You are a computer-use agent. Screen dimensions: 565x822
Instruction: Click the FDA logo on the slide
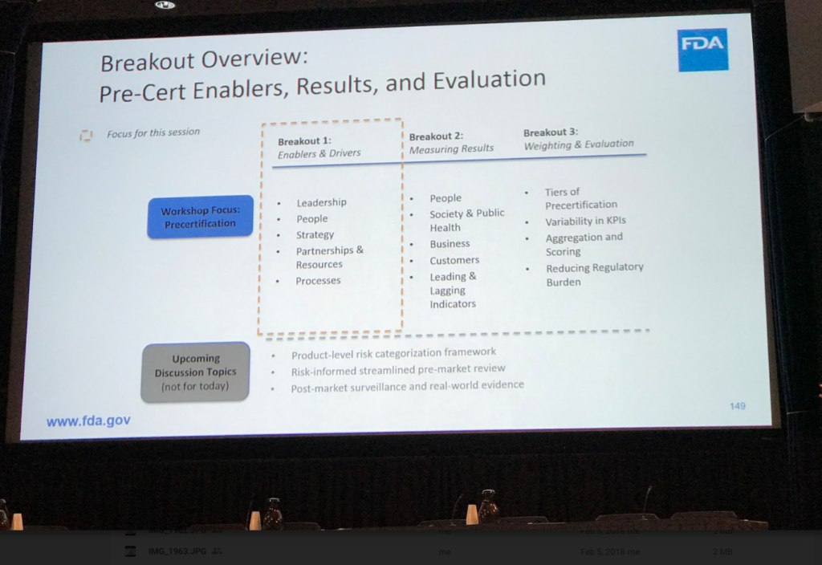tap(702, 49)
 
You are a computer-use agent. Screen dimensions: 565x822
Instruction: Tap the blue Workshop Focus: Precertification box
tap(199, 217)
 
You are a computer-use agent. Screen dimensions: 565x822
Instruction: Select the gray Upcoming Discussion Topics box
tap(195, 372)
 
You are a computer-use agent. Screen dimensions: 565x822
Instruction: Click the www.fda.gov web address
tap(88, 421)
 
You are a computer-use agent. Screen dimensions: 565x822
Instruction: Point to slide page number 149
tap(737, 406)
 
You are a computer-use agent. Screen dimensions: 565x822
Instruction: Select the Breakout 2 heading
tap(436, 136)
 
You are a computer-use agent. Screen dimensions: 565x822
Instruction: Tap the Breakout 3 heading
tap(551, 132)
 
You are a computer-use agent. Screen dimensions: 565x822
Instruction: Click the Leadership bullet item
tap(321, 202)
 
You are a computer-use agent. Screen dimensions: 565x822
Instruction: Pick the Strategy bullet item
tap(315, 234)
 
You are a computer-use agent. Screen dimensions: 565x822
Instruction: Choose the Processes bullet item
tap(318, 280)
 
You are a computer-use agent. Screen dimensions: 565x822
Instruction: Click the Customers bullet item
tap(454, 260)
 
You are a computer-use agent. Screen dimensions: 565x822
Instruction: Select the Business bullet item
tap(450, 243)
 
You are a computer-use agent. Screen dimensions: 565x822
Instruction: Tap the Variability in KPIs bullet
tap(585, 221)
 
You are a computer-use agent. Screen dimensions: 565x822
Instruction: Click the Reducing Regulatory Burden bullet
tap(594, 274)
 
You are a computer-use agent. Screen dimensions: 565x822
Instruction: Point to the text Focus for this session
tap(153, 132)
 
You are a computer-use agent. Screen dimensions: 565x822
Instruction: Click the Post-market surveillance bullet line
tap(408, 385)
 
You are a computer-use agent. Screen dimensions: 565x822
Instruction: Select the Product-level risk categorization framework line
tap(393, 352)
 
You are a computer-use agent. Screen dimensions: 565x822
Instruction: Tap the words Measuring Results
tap(451, 148)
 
